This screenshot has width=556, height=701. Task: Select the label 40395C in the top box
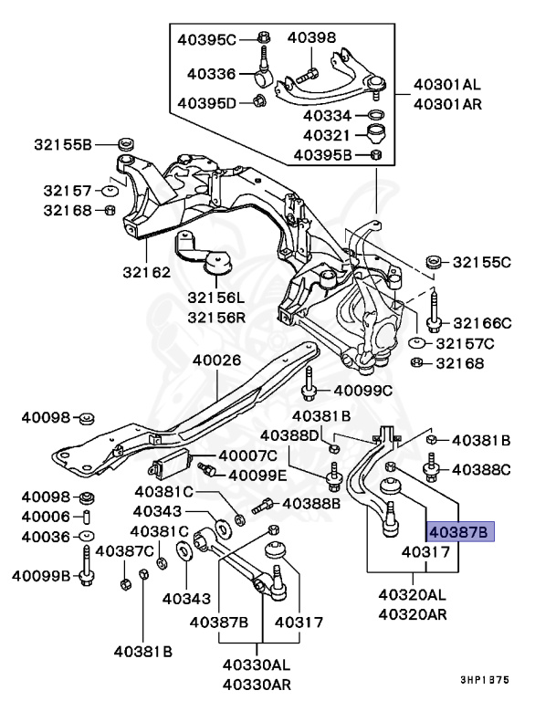pyautogui.click(x=205, y=38)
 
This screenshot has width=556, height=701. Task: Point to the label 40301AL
pyautogui.click(x=446, y=85)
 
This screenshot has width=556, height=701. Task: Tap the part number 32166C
pyautogui.click(x=482, y=322)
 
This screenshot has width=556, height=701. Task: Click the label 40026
pyautogui.click(x=216, y=360)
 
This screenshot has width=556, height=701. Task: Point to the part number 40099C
pyautogui.click(x=362, y=391)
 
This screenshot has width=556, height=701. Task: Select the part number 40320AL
pyautogui.click(x=413, y=594)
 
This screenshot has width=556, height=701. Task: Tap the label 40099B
pyautogui.click(x=41, y=576)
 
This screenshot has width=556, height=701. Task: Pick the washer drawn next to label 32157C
pyautogui.click(x=415, y=343)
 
